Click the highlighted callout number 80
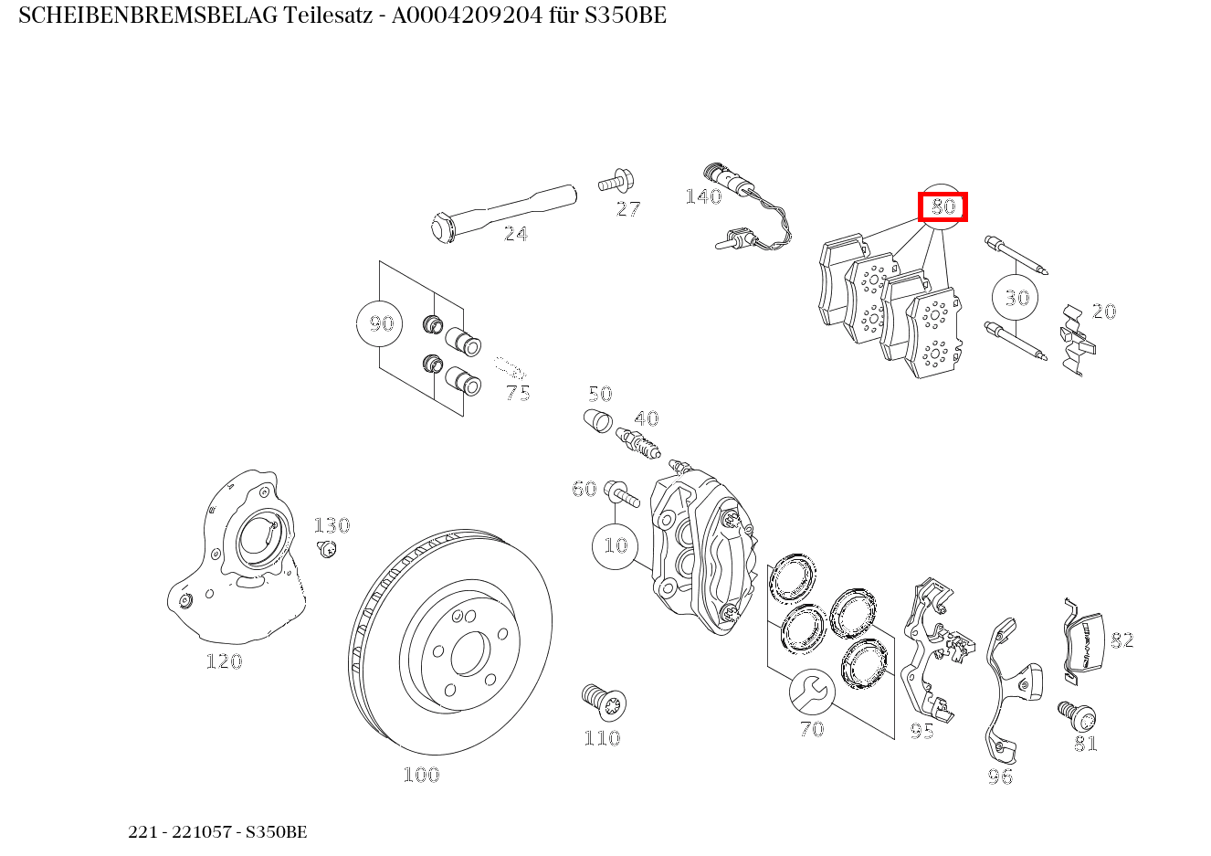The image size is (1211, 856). (x=942, y=207)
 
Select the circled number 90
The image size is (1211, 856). (x=380, y=323)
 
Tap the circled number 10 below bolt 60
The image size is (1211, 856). (x=616, y=545)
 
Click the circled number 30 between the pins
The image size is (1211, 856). (x=1016, y=297)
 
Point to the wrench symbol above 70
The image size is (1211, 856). (x=811, y=691)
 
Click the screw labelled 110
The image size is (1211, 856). (x=603, y=702)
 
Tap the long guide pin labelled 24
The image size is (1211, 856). (x=502, y=209)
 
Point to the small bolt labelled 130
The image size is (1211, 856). (x=326, y=548)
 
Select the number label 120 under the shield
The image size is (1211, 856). (x=224, y=661)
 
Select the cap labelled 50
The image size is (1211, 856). (x=596, y=422)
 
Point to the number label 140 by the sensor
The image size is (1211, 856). (x=703, y=196)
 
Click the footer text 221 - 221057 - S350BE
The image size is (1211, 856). (x=217, y=832)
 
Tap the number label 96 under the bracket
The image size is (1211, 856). (x=1000, y=777)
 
